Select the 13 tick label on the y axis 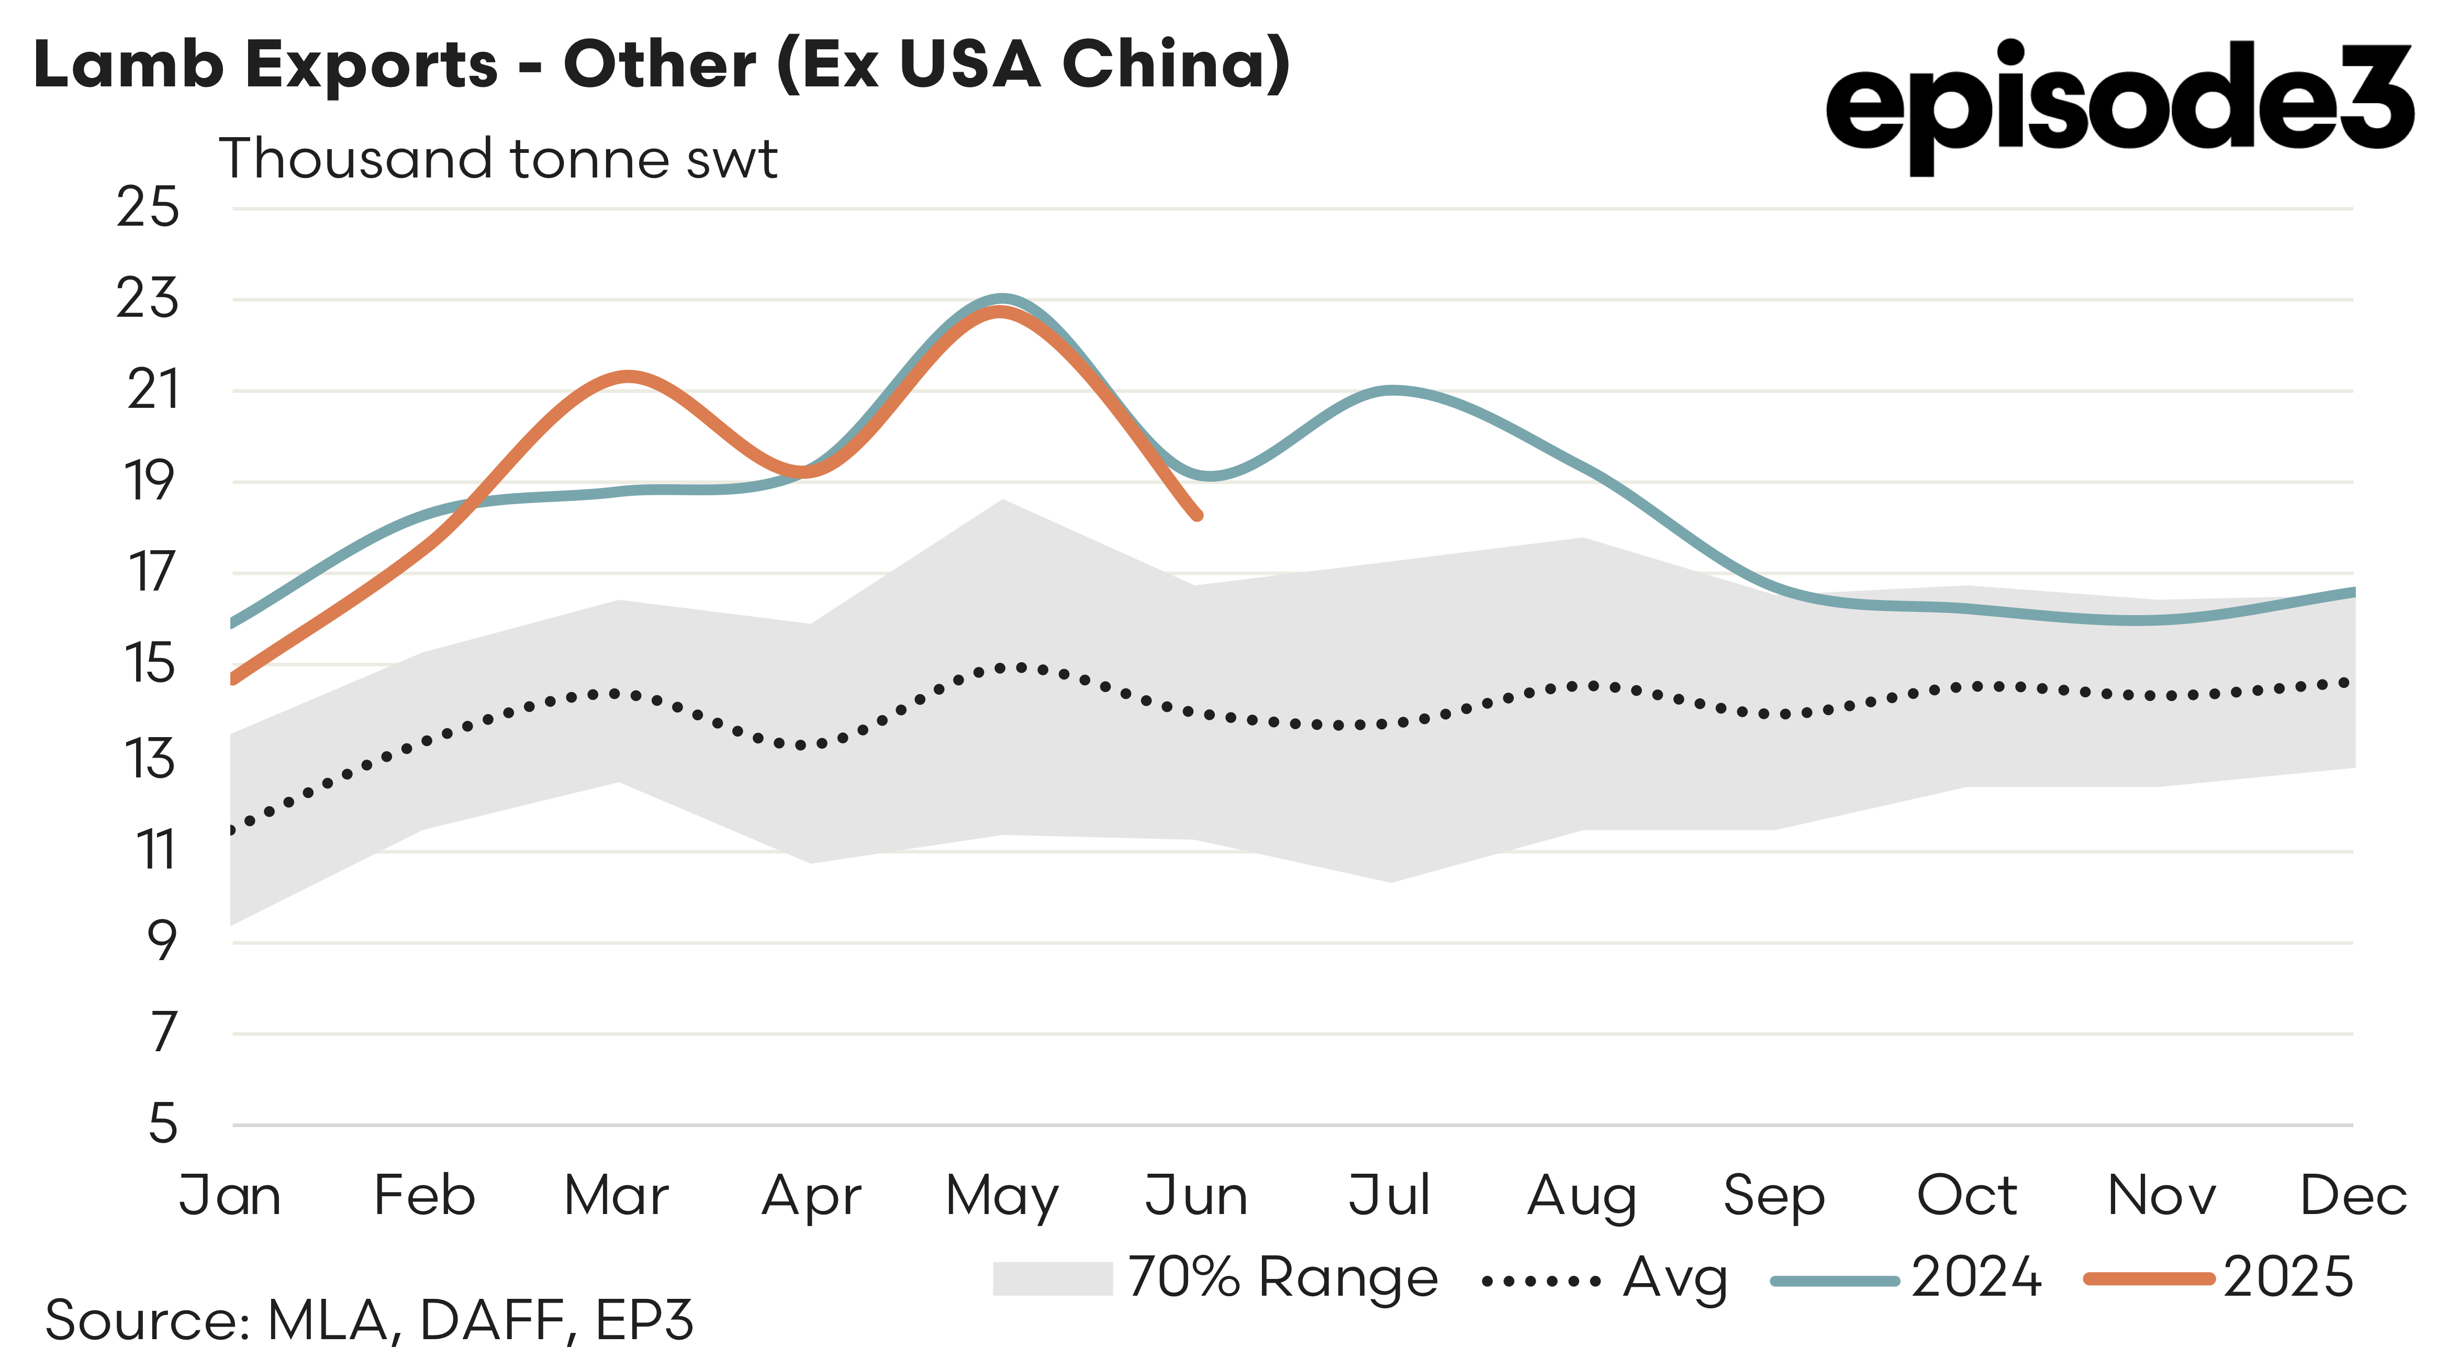click(x=150, y=759)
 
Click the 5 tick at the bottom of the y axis click(x=163, y=1123)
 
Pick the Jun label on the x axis click(x=1196, y=1196)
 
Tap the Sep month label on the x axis click(x=1773, y=1196)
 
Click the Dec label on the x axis click(x=2352, y=1196)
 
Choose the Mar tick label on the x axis click(x=617, y=1196)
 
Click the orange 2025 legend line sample click(x=2149, y=1279)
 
